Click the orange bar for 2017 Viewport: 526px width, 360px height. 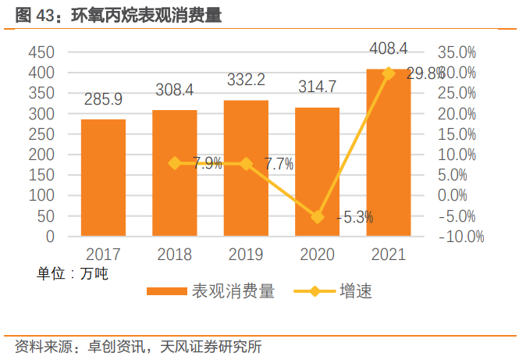[103, 177]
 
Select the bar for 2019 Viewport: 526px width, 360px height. [246, 168]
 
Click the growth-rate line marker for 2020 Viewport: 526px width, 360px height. [317, 217]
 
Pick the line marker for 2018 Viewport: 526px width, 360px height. [175, 163]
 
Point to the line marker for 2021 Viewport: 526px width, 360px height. [388, 73]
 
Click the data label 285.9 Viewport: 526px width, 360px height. [104, 100]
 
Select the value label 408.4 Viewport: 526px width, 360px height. [388, 49]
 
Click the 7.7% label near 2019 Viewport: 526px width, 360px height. [279, 164]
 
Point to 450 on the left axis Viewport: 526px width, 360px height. [41, 52]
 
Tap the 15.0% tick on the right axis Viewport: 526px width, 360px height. [457, 134]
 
